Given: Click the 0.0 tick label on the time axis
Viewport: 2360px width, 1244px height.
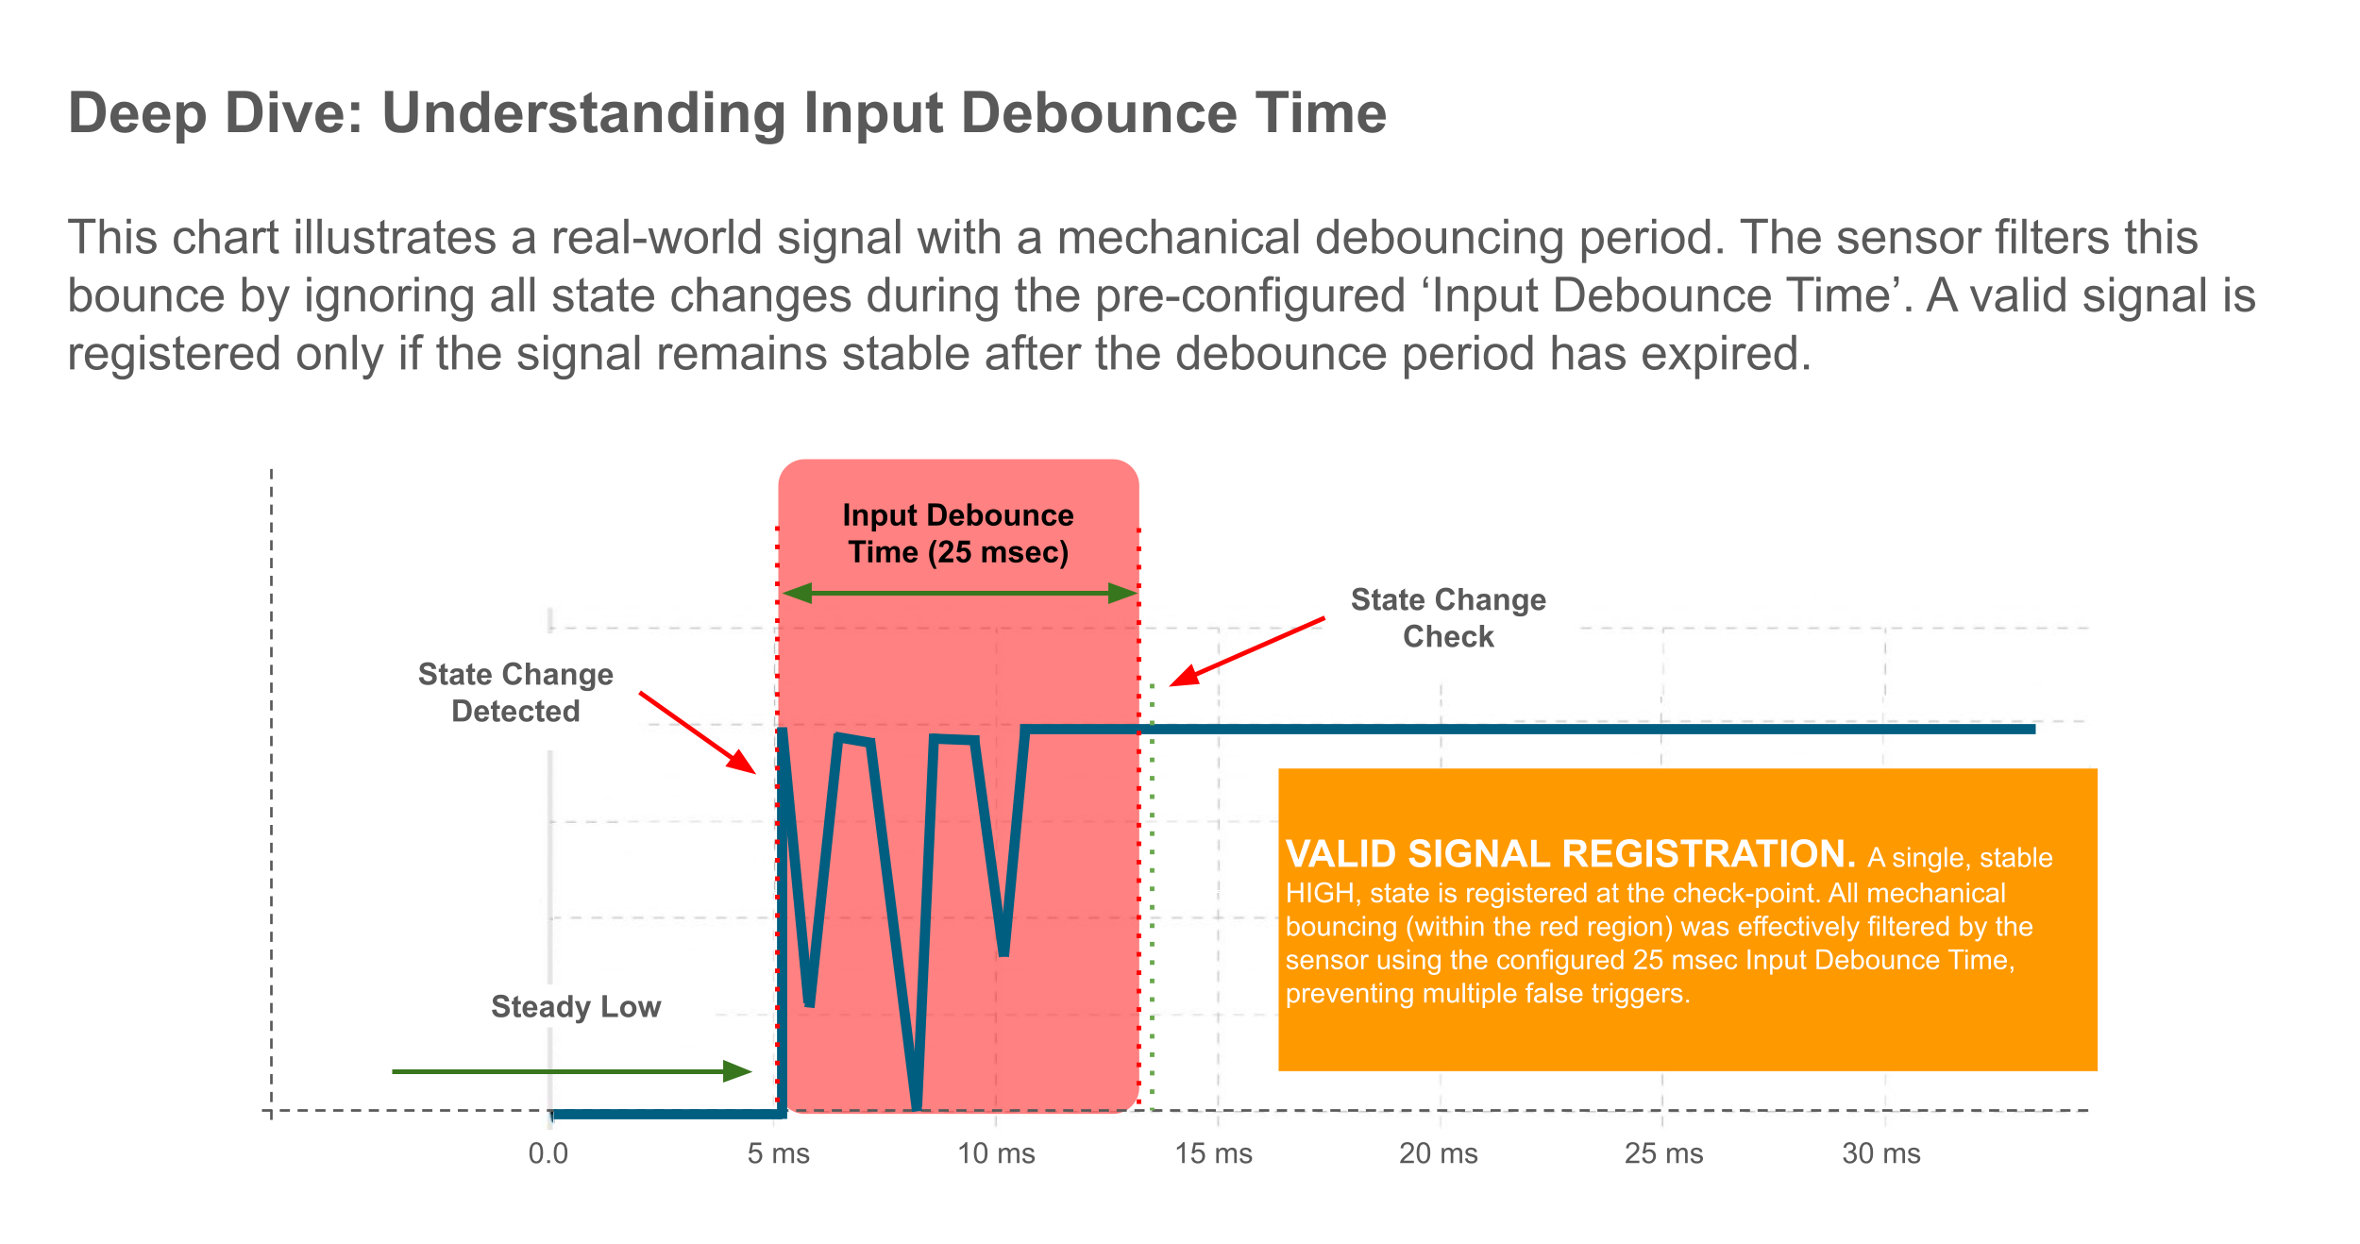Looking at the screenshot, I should point(548,1153).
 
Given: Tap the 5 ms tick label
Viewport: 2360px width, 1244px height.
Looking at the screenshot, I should point(779,1153).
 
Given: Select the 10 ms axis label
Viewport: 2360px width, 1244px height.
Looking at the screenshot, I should point(996,1153).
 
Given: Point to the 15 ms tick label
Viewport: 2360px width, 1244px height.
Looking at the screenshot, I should point(1213,1153).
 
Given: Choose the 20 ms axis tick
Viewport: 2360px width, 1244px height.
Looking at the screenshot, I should point(1438,1153).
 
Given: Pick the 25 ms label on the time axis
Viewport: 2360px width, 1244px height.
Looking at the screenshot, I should point(1663,1153).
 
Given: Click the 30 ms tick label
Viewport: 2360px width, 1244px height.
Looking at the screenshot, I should point(1881,1153).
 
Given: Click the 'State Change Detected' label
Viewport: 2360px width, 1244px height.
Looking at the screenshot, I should point(515,693).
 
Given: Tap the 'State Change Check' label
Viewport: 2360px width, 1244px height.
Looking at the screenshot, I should point(1448,618).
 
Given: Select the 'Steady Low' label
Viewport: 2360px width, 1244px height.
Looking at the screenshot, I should point(576,1007).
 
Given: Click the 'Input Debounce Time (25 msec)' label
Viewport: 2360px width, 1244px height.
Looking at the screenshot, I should point(958,533).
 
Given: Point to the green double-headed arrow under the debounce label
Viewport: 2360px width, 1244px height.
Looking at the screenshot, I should point(958,593).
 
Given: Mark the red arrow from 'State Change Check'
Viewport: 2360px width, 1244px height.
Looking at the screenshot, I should point(1246,651).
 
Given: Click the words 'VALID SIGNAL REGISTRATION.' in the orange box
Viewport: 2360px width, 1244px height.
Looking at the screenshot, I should point(1570,854).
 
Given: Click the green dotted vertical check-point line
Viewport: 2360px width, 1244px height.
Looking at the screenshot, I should point(1153,897).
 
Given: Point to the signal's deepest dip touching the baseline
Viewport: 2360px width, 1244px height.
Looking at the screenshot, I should point(916,1104).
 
